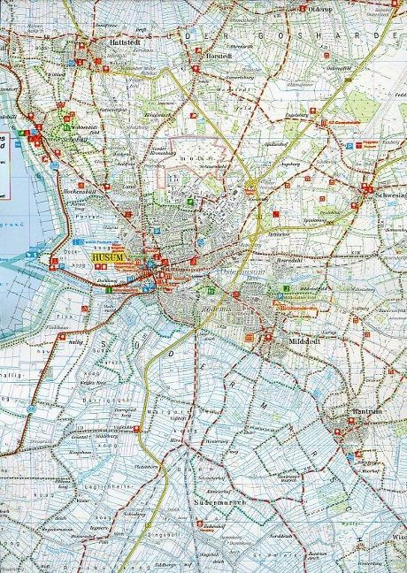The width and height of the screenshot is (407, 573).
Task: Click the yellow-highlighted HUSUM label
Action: (111, 258)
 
